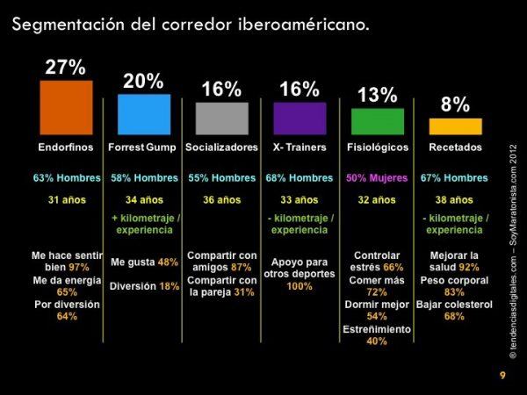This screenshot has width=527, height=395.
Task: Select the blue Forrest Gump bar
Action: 144,113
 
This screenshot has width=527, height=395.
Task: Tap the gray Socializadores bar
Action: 221,118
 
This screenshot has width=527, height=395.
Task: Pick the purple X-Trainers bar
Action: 300,118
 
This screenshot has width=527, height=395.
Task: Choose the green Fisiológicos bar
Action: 377,121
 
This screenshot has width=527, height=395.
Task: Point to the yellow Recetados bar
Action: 455,126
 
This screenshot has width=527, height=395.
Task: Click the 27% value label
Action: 65,68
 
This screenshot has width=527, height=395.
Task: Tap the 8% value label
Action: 455,105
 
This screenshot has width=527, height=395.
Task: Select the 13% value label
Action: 378,95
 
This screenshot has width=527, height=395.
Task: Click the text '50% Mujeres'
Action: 377,178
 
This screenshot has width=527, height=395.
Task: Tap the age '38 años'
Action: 454,200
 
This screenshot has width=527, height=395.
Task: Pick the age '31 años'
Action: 66,200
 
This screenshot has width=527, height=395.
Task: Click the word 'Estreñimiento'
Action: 377,329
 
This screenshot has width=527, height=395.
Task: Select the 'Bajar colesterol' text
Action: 454,304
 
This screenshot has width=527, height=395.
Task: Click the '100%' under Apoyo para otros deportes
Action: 300,286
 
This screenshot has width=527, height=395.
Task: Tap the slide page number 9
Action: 502,376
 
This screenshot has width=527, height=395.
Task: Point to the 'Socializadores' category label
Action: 221,147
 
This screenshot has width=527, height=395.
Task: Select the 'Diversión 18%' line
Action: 144,285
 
